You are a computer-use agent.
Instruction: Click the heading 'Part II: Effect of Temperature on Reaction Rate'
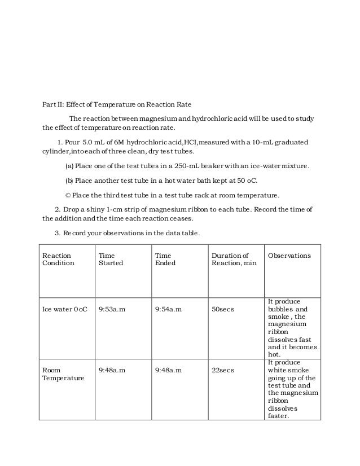[117, 104]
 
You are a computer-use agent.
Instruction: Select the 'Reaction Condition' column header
[58, 259]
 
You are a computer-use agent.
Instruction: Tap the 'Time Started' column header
[111, 259]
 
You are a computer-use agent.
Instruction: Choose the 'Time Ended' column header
[165, 259]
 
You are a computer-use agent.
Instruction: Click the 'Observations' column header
[289, 256]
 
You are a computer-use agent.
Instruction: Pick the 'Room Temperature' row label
[62, 374]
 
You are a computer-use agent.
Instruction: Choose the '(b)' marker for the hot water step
[69, 181]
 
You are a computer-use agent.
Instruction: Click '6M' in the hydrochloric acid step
[113, 140]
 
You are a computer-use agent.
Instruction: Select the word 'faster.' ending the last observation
[279, 416]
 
